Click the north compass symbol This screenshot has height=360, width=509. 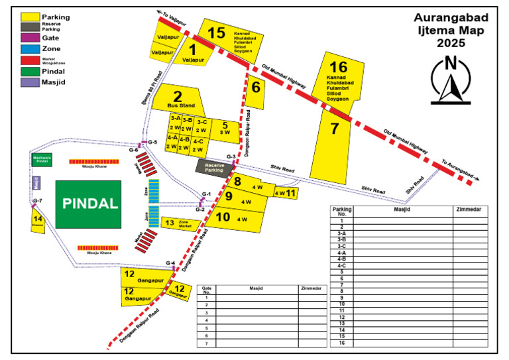pyautogui.click(x=450, y=80)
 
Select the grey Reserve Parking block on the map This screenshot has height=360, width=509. pyautogui.click(x=214, y=167)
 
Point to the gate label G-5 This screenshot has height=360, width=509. pyautogui.click(x=152, y=142)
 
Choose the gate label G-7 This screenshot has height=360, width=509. pyautogui.click(x=37, y=200)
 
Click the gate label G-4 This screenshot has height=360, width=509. pyautogui.click(x=170, y=263)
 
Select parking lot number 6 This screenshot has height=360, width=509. pyautogui.click(x=255, y=87)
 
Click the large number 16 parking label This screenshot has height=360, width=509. pyautogui.click(x=338, y=67)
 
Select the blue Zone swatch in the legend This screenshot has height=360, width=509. pyautogui.click(x=28, y=48)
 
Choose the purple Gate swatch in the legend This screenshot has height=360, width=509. pyautogui.click(x=28, y=38)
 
